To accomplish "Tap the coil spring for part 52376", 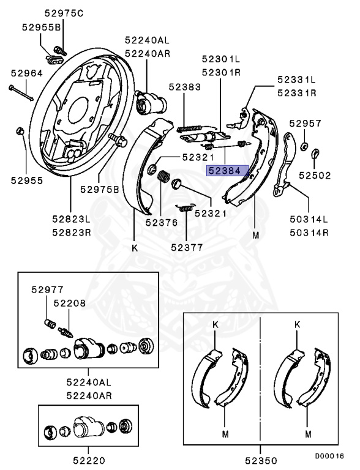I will pyautogui.click(x=163, y=178).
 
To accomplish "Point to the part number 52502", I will pyautogui.click(x=315, y=175).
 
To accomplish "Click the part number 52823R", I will pyautogui.click(x=71, y=232).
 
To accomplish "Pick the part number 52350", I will pyautogui.click(x=260, y=460).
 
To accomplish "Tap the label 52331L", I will pyautogui.click(x=296, y=80).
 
